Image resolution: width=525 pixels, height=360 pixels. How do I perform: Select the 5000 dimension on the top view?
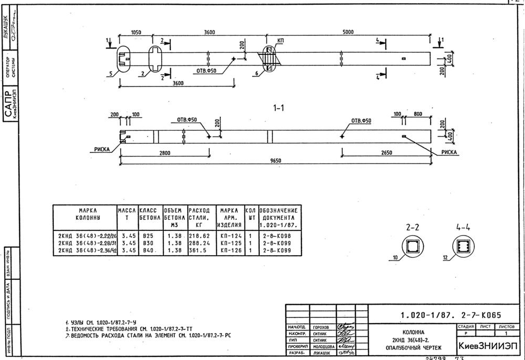point(348,32)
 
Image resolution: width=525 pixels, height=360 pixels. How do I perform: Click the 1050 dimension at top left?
point(136,32)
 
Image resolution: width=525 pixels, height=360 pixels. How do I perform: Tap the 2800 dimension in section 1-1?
point(164,152)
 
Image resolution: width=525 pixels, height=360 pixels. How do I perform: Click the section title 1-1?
point(279,108)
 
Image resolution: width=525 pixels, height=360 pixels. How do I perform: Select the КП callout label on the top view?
point(280,40)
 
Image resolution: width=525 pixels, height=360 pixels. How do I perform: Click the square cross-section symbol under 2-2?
point(413,246)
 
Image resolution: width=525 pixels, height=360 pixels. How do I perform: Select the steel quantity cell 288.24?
point(198,244)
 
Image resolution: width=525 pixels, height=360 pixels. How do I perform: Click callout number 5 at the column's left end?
point(111,73)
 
